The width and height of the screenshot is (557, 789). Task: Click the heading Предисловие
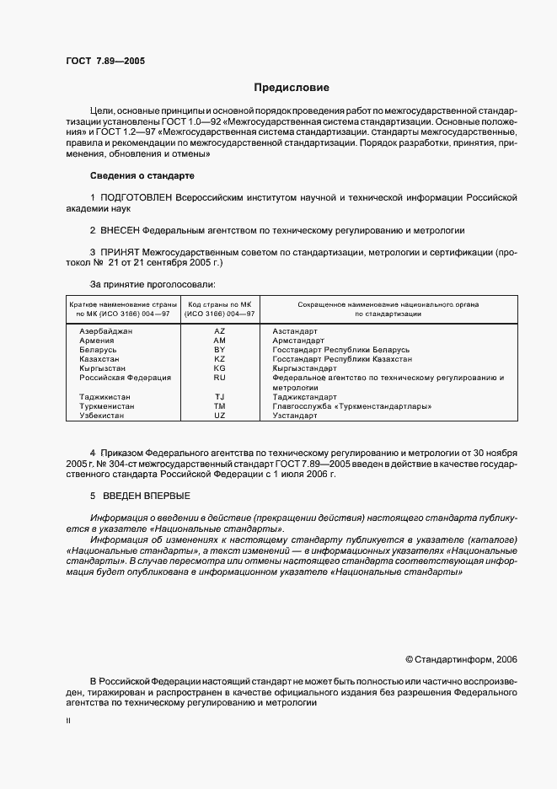[x=292, y=88]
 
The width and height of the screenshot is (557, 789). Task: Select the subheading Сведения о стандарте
[x=142, y=175]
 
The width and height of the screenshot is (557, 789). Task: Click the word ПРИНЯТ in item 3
[x=121, y=252]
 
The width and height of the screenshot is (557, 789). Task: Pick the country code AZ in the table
[x=220, y=332]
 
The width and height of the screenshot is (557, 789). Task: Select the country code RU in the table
[x=220, y=378]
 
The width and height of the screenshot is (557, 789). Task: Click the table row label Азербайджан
[x=105, y=332]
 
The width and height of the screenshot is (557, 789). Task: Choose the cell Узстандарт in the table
[x=295, y=416]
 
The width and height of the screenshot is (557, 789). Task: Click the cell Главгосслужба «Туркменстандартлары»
[x=352, y=406]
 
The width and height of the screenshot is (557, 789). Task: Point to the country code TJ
[x=220, y=397]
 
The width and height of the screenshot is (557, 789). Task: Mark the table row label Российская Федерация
[x=125, y=378]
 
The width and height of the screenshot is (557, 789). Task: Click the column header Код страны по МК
[x=220, y=303]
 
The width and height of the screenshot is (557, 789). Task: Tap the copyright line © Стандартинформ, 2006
[x=462, y=659]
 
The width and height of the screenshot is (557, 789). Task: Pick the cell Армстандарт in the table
[x=297, y=341]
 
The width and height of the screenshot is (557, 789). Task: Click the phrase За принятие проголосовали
[x=152, y=284]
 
